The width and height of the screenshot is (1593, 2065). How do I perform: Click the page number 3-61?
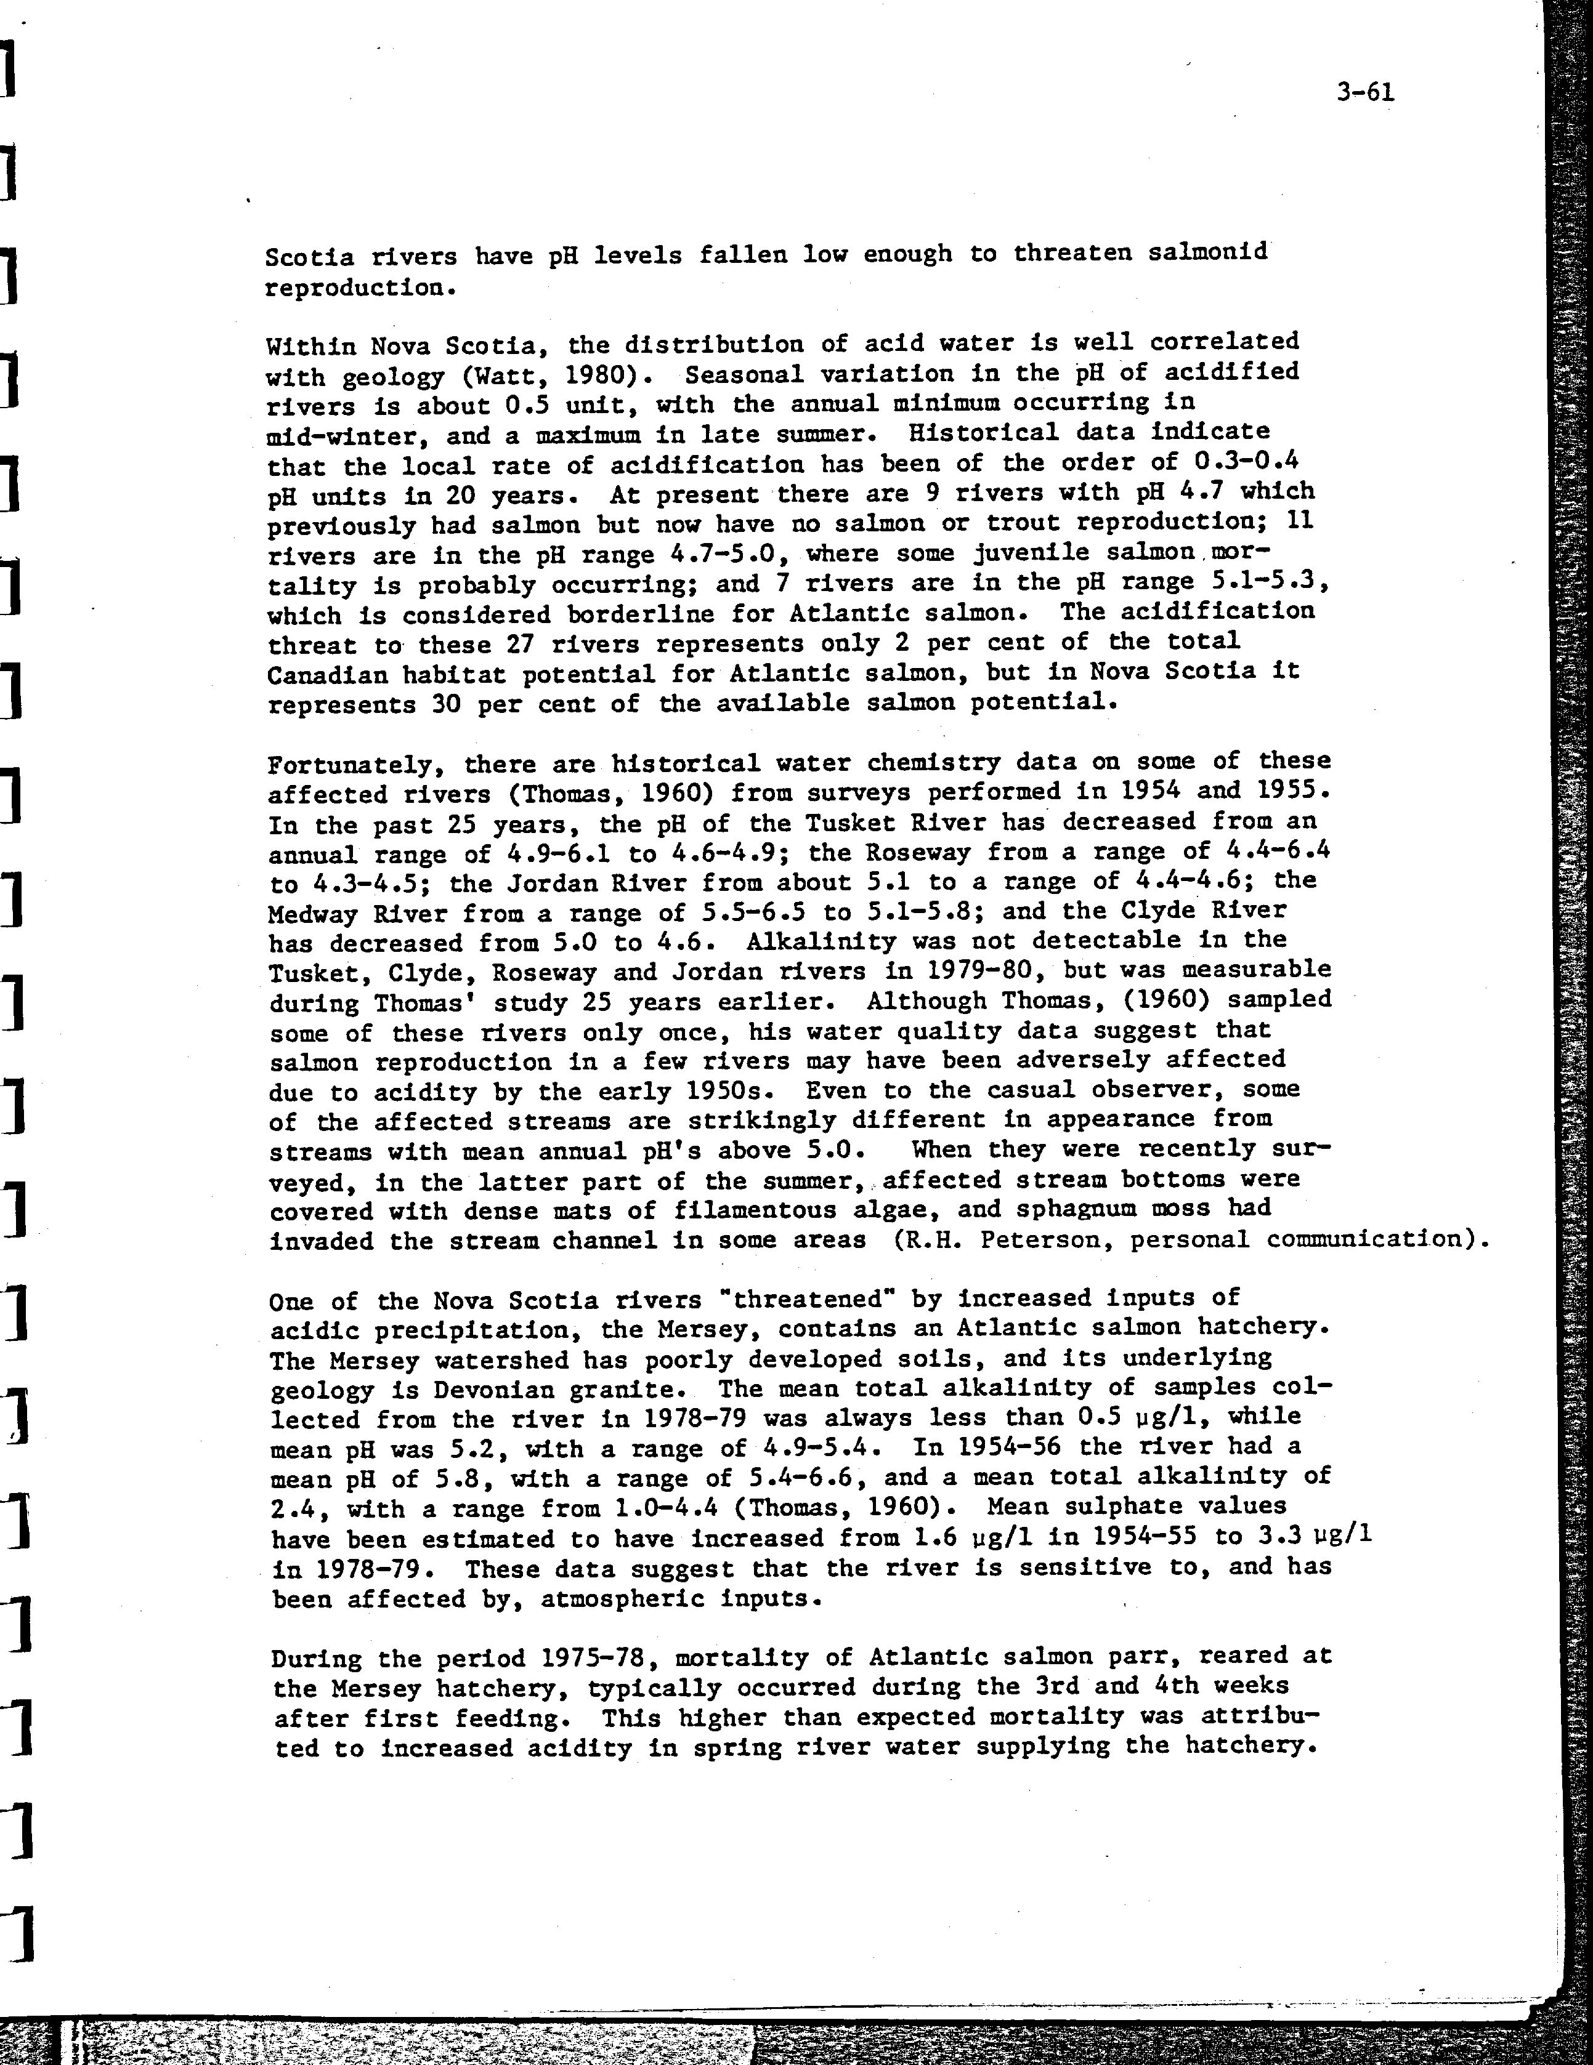pos(1365,92)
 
